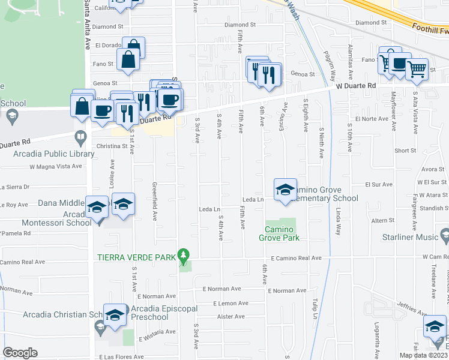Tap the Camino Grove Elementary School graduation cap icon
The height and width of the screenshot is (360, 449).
285,189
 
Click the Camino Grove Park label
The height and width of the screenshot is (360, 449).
280,233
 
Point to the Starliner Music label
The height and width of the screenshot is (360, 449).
410,237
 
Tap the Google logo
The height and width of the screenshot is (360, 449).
20,352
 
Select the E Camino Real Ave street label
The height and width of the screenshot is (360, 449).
296,258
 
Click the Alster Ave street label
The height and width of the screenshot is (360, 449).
231,317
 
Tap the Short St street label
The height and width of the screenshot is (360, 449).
405,151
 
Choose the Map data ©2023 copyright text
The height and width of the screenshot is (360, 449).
423,355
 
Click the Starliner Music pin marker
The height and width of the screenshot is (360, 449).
444,235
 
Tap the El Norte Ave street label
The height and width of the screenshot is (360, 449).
369,119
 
